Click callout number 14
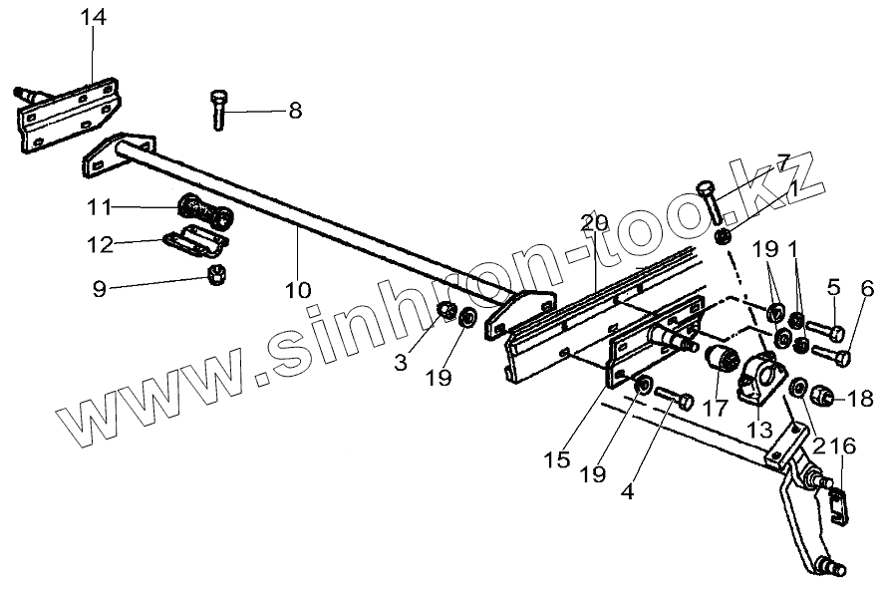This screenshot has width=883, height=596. point(94,18)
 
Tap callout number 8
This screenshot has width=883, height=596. point(294,111)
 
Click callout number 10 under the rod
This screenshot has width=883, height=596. point(298,290)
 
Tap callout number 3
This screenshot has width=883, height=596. point(402,363)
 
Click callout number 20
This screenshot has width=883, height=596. point(594,223)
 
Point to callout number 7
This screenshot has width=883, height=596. point(783,161)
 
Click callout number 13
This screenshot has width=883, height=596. point(758,430)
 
